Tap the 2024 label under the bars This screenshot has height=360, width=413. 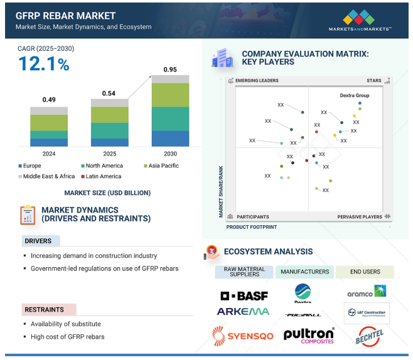(x=50, y=154)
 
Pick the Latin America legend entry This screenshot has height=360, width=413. (x=104, y=176)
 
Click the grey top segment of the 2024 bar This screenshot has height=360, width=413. (x=50, y=110)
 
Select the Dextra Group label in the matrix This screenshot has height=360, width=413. (x=355, y=95)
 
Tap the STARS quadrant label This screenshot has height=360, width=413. (x=374, y=81)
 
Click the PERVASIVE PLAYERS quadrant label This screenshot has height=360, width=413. (x=360, y=216)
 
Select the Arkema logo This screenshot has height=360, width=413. (x=244, y=311)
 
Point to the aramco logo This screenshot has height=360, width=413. (x=367, y=292)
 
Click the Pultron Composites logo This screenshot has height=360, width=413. (x=309, y=335)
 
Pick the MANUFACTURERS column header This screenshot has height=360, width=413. (x=305, y=272)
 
